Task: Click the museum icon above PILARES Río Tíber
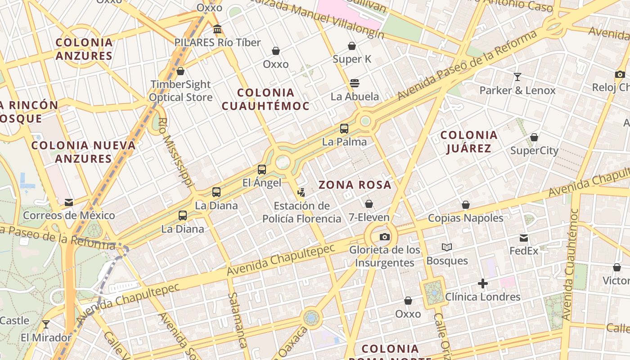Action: click(217, 29)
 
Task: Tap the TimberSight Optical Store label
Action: click(180, 90)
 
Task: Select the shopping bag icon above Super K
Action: click(352, 46)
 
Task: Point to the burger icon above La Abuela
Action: click(355, 83)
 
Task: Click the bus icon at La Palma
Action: click(344, 129)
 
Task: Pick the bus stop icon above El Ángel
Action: click(262, 170)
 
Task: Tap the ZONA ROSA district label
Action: click(355, 185)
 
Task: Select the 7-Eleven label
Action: click(369, 217)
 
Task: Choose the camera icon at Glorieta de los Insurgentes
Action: click(384, 237)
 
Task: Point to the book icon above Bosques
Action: click(447, 247)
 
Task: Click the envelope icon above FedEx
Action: click(524, 238)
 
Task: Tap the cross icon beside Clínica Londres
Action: click(483, 283)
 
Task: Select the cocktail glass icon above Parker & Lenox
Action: click(517, 77)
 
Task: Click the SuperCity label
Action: click(534, 150)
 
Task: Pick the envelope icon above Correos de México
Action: click(69, 202)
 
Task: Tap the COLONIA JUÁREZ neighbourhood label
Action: click(469, 142)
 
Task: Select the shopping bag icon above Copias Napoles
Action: click(466, 205)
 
